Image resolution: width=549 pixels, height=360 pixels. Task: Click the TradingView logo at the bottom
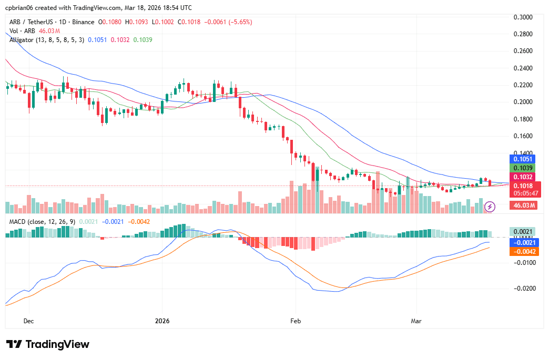[48, 344]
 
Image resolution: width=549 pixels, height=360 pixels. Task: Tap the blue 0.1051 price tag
[523, 159]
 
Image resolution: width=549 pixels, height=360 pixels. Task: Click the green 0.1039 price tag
[523, 168]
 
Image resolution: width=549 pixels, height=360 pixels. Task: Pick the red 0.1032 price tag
[523, 177]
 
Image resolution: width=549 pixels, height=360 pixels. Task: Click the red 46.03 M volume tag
[524, 205]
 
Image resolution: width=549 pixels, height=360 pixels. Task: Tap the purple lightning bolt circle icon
[490, 207]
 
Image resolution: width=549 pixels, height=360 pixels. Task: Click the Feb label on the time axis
[296, 321]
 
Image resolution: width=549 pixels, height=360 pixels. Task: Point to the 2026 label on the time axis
[162, 321]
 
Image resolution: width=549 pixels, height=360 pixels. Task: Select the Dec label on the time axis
[28, 321]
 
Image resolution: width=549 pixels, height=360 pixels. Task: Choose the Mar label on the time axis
[416, 321]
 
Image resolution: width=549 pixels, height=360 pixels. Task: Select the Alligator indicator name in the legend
[21, 39]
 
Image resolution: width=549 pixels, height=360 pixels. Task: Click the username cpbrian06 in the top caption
[21, 8]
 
